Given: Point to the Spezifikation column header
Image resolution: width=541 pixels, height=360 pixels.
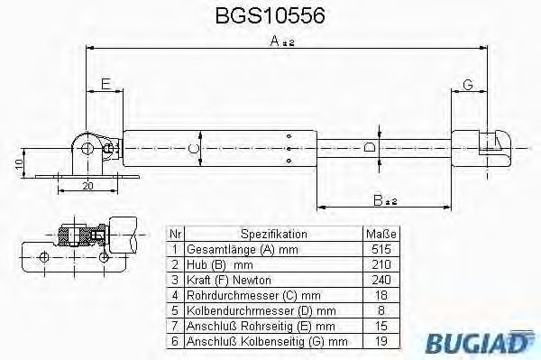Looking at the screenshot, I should tap(274, 233).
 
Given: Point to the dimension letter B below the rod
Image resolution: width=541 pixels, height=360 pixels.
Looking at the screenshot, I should tap(381, 199).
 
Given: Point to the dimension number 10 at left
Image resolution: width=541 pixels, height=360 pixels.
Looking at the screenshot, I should tap(19, 165).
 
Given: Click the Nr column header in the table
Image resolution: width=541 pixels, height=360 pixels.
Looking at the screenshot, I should tap(174, 233).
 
